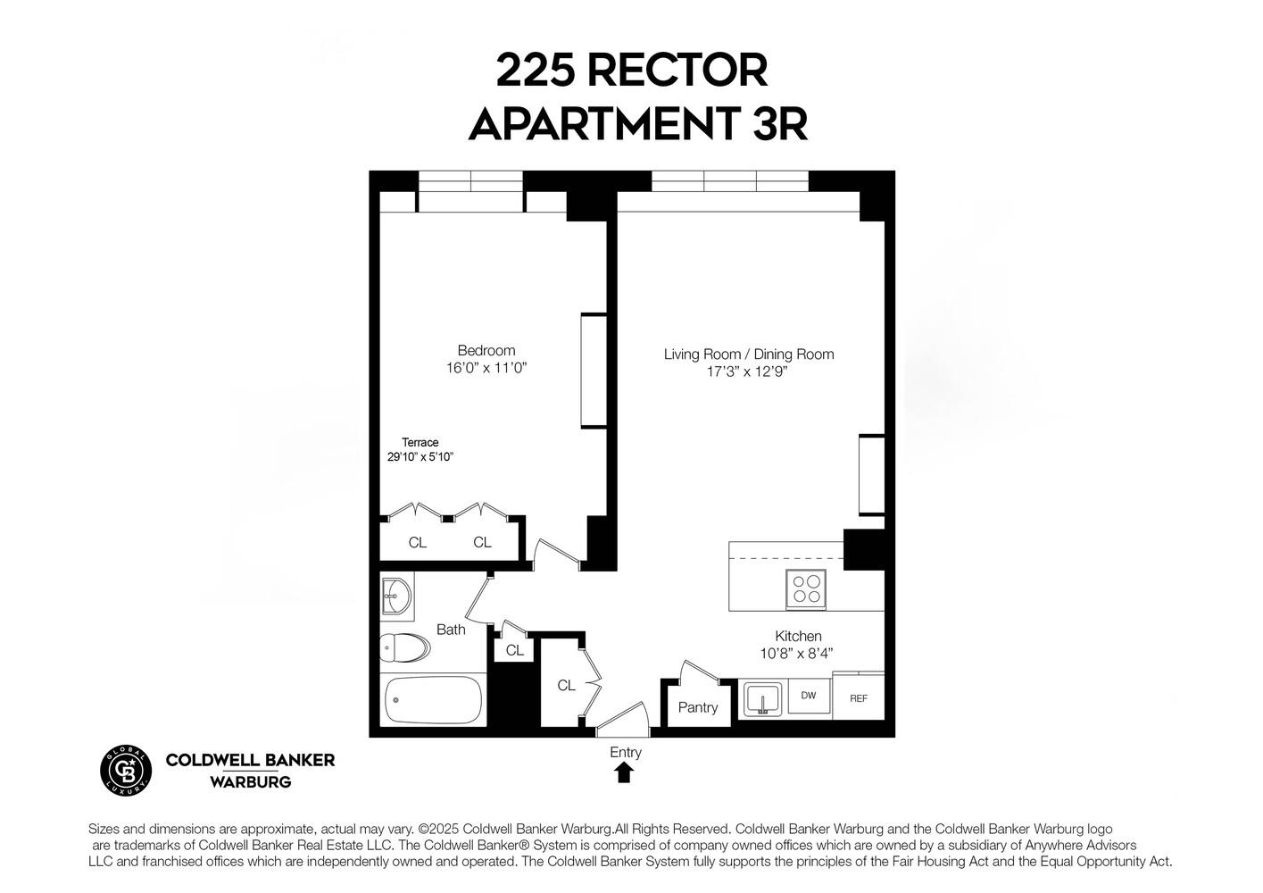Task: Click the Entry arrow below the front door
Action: [x=624, y=772]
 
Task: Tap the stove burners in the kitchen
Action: [x=805, y=589]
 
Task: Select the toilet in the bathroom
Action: [x=404, y=647]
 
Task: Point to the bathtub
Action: [x=433, y=700]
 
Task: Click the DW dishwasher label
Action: [x=808, y=696]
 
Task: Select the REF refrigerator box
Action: [x=859, y=698]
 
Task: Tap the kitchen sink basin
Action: [x=762, y=697]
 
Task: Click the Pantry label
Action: [x=698, y=707]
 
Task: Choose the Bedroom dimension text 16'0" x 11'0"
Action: [x=486, y=367]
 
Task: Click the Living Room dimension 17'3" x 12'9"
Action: [x=748, y=371]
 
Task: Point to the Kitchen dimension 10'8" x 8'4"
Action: [x=797, y=653]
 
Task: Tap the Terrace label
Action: [x=420, y=442]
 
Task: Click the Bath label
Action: [x=451, y=630]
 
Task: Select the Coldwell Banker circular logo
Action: [x=125, y=770]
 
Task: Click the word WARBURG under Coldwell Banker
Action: [x=250, y=782]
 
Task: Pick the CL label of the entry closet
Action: [x=566, y=686]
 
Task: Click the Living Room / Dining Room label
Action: [x=749, y=355]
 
